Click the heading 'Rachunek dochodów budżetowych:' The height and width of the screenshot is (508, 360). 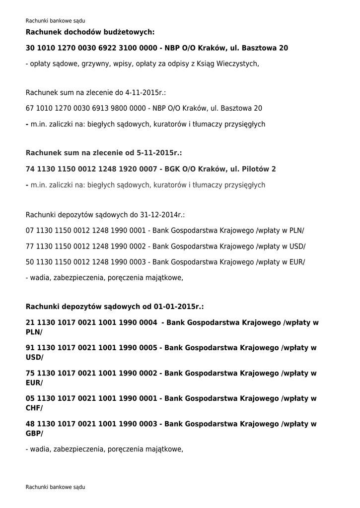tap(90, 32)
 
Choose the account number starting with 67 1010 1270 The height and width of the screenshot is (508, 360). tap(85, 108)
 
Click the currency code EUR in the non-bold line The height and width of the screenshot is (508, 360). tap(296, 262)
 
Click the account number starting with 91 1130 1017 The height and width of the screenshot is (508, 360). tap(91, 348)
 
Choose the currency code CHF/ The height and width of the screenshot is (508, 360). tap(34, 408)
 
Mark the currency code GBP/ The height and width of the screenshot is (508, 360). tap(34, 433)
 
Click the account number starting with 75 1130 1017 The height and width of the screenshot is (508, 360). tap(91, 374)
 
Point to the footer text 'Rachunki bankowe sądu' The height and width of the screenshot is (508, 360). tap(55, 487)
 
